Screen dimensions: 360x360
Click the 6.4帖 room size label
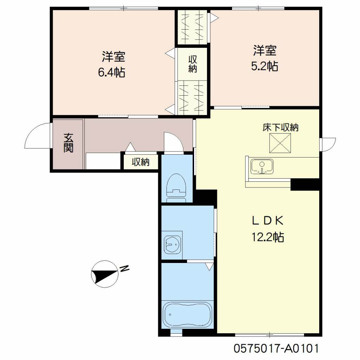(x=111, y=72)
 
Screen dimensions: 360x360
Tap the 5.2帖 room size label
(x=265, y=66)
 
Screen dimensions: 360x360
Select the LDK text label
(x=268, y=221)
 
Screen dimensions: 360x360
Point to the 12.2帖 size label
(x=268, y=237)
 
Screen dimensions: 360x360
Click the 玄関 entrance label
(x=68, y=143)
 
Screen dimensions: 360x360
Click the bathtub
(x=187, y=315)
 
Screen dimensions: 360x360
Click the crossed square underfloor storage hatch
(x=280, y=143)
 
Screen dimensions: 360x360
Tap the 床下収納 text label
(x=280, y=127)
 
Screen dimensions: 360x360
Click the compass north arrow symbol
(x=105, y=274)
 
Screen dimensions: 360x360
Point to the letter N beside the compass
(x=124, y=269)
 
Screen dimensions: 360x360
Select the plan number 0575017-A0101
(x=276, y=348)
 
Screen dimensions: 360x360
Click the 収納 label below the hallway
(x=141, y=162)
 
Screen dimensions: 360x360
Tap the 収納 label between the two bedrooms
(x=193, y=64)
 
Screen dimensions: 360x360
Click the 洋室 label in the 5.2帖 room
(x=265, y=50)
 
